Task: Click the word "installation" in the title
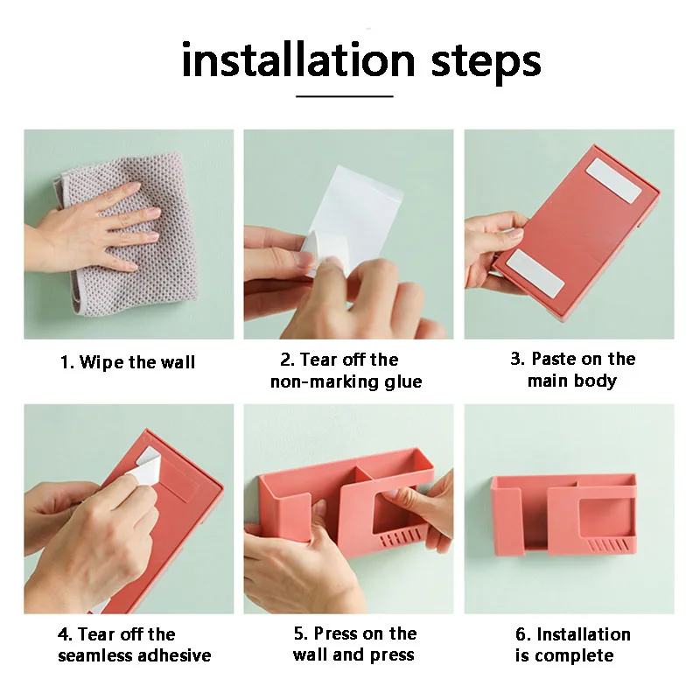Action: pos(298,59)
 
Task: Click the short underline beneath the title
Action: pos(344,96)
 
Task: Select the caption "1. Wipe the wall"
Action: pos(128,361)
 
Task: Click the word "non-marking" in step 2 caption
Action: pos(321,381)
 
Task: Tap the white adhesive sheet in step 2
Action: pos(353,214)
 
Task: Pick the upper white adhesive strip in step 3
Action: pos(614,181)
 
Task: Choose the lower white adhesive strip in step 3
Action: pos(535,273)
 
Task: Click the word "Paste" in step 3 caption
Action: pos(554,359)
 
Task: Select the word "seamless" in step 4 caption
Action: pos(95,655)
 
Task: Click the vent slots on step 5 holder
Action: pos(400,537)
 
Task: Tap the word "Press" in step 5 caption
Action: pos(336,633)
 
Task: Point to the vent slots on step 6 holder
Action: pos(608,545)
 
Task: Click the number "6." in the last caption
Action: pos(523,634)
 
